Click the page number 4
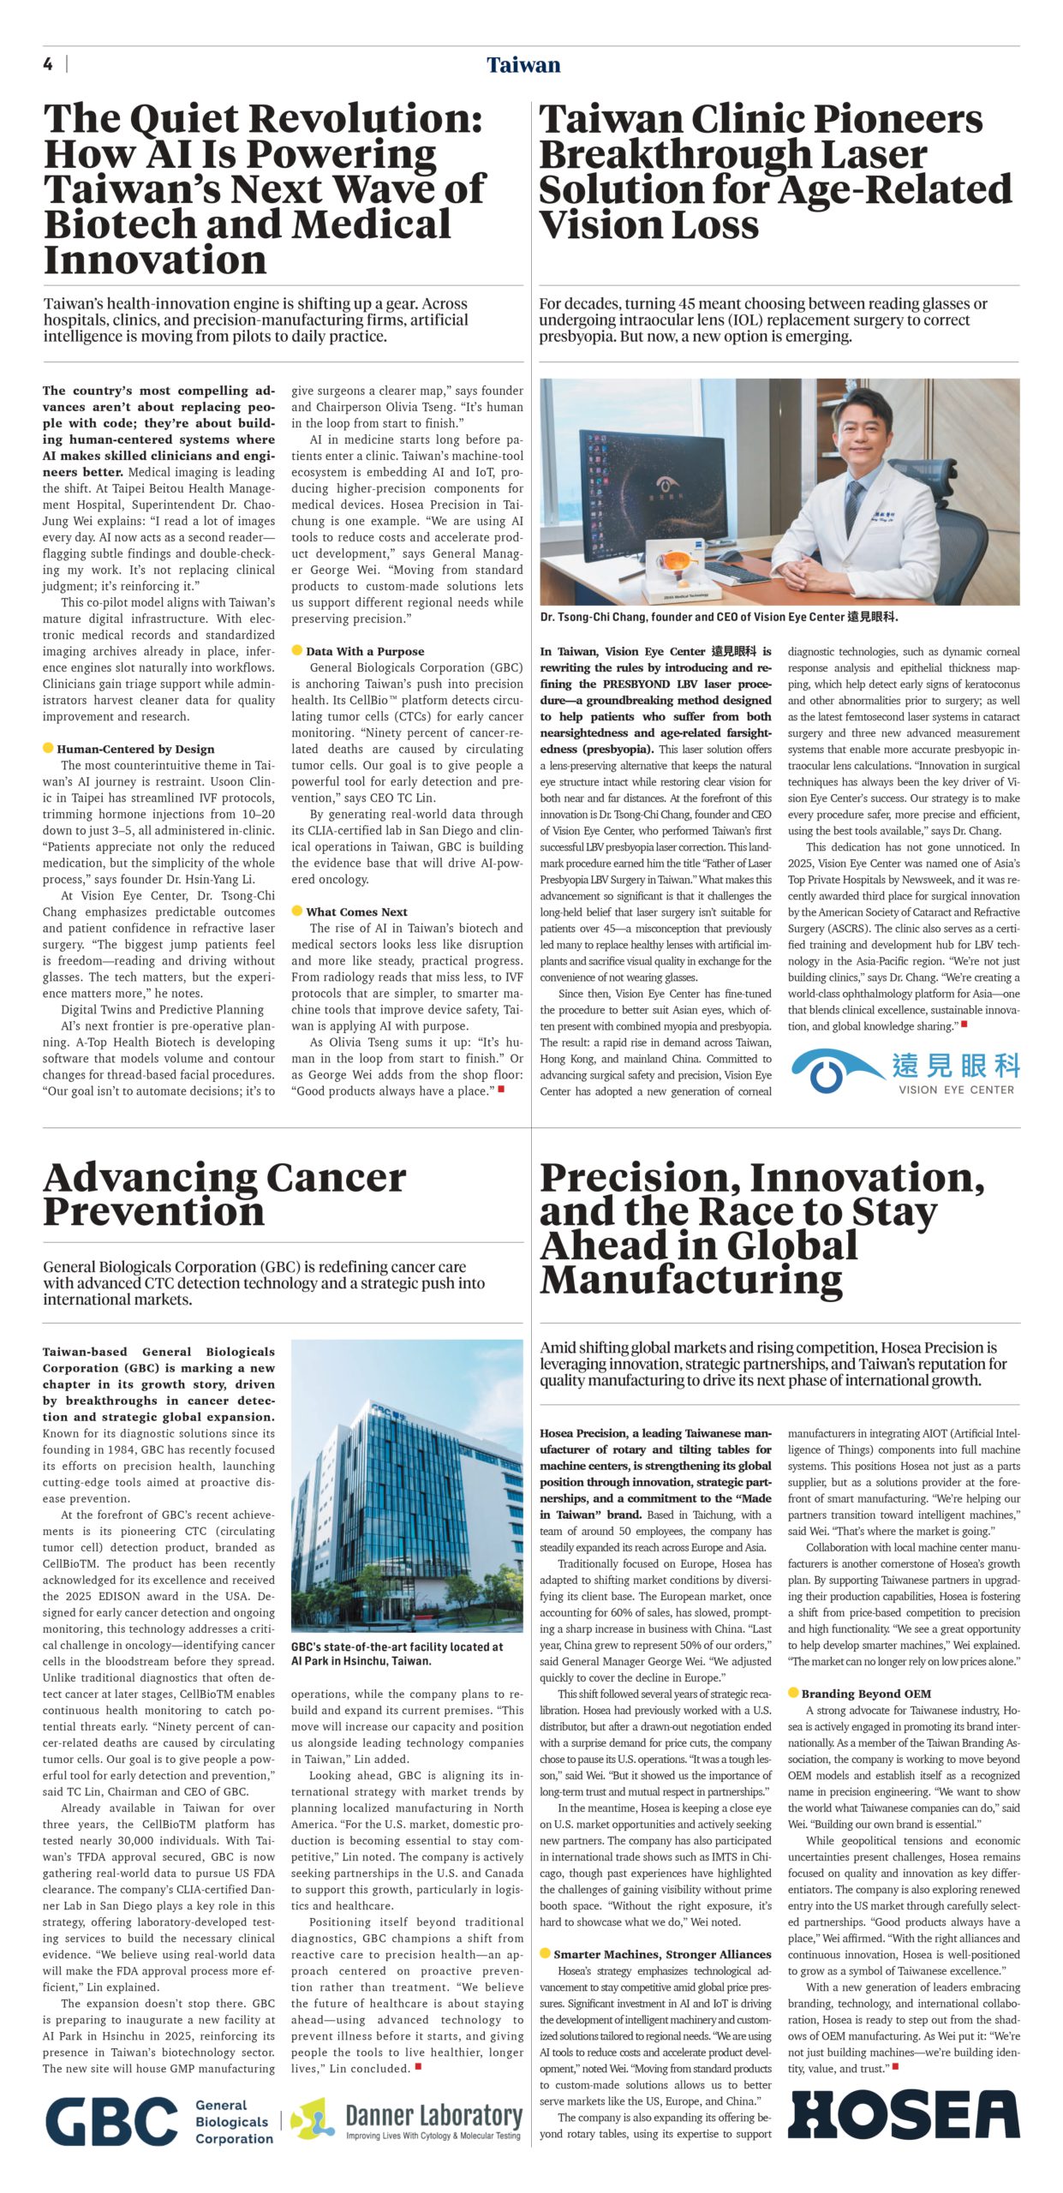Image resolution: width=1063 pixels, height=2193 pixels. [x=48, y=64]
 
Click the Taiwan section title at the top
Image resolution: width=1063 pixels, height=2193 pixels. [x=523, y=65]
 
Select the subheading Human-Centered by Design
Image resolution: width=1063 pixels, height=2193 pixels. [x=135, y=749]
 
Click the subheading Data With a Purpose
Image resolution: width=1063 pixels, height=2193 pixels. [x=365, y=651]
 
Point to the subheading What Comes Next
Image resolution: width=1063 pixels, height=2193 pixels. [x=356, y=911]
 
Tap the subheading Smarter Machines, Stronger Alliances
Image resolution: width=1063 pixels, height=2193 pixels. [x=662, y=1954]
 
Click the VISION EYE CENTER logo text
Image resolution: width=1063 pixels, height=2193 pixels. [x=956, y=1090]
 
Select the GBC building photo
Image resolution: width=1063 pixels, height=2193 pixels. [x=407, y=1485]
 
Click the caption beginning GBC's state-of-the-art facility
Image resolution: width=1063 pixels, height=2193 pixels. [x=397, y=1653]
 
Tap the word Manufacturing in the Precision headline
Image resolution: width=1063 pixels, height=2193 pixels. [x=691, y=1280]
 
